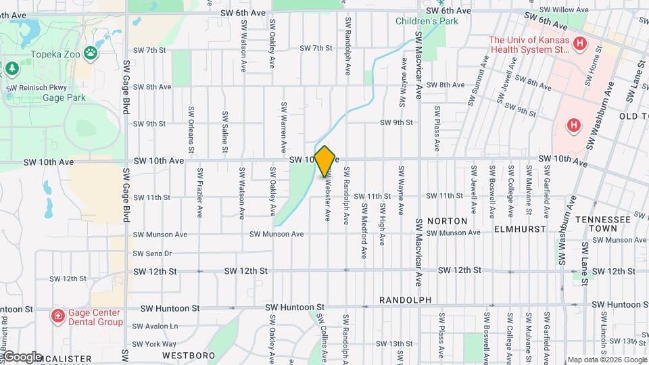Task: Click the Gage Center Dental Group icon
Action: (58, 316)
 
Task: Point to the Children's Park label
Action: (427, 20)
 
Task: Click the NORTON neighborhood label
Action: (447, 221)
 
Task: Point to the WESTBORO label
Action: (189, 356)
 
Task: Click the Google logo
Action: (22, 356)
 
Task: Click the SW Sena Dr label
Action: (153, 253)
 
